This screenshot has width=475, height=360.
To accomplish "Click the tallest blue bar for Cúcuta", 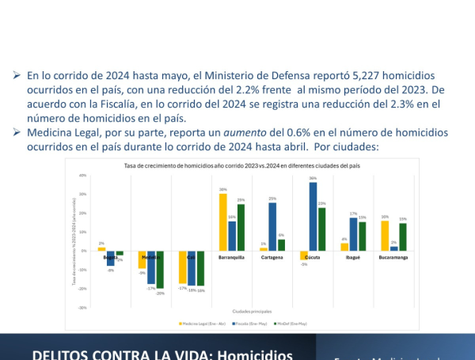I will click(313, 217).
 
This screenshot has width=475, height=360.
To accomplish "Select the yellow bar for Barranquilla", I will click(223, 222).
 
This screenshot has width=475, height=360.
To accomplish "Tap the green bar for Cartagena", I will click(281, 245).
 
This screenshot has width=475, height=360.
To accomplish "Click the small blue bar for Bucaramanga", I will click(394, 248).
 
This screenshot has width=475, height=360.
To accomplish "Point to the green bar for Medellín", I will click(161, 270).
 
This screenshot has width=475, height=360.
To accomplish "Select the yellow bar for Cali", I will click(183, 267).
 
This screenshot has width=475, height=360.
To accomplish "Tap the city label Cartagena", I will click(272, 257).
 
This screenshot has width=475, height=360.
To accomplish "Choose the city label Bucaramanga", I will click(394, 257).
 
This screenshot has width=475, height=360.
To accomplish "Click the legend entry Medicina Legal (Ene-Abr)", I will click(200, 323).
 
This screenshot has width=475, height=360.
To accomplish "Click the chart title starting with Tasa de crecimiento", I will click(237, 166).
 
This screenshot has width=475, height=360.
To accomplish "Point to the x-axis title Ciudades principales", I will click(248, 311).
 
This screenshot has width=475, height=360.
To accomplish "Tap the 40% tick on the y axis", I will click(83, 175).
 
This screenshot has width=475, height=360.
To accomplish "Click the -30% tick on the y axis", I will click(82, 308).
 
